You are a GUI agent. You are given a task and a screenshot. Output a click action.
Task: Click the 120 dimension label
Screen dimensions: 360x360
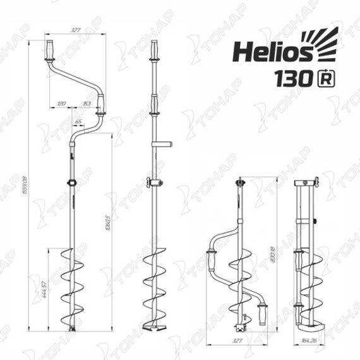(61, 102)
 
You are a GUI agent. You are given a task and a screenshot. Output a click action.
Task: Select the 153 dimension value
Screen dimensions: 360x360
(87, 102)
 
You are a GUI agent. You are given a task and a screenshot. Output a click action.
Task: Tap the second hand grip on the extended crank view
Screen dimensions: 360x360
(101, 114)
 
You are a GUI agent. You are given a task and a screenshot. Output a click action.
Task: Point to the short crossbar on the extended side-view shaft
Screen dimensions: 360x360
(164, 144)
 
